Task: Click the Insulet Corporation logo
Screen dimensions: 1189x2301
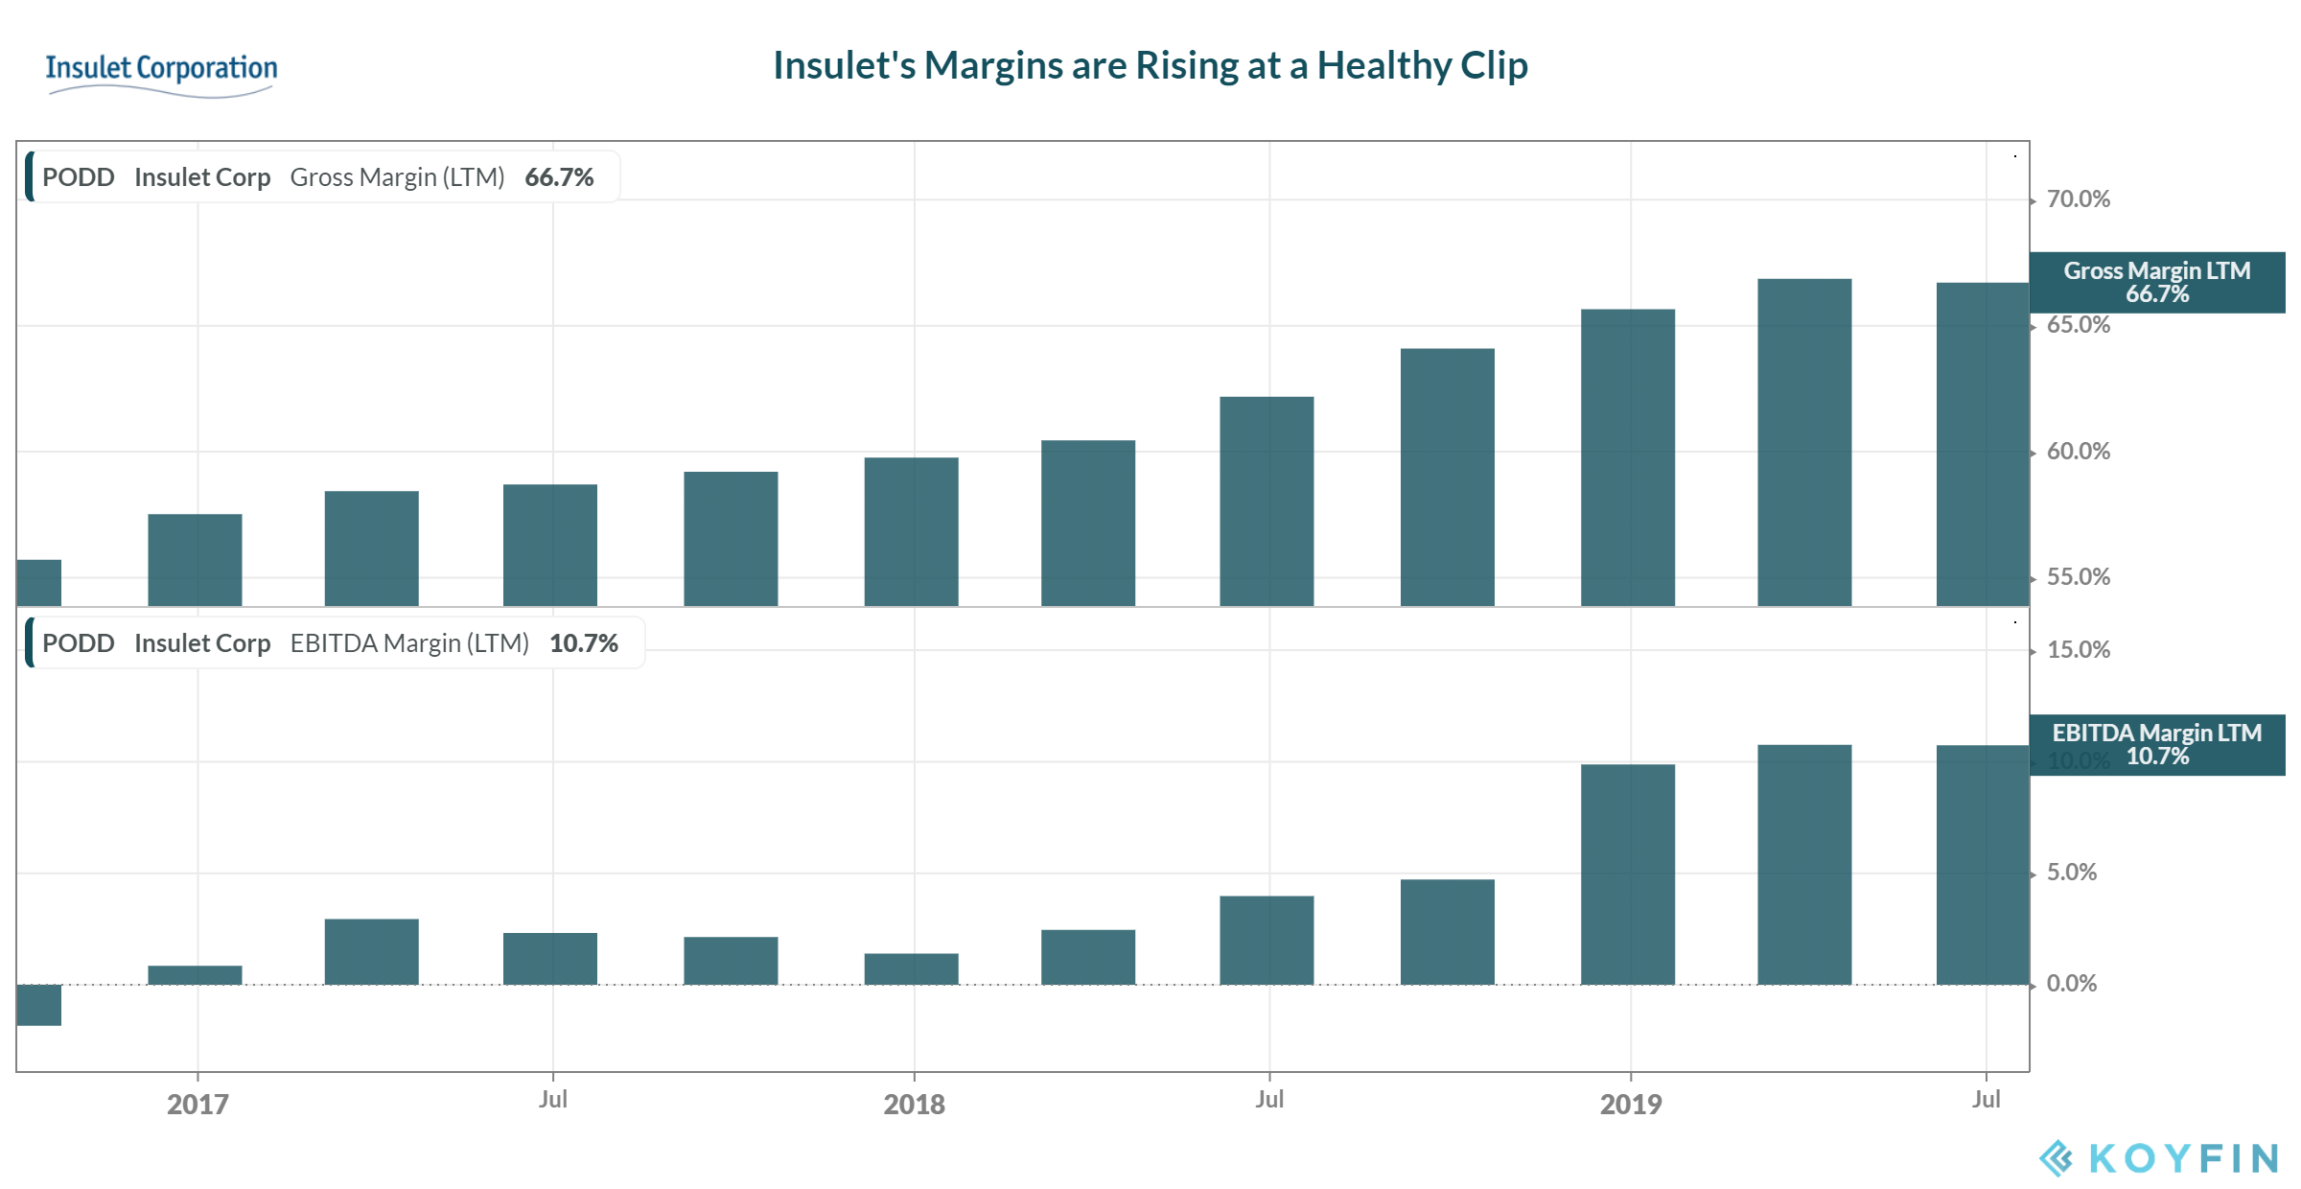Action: click(x=161, y=72)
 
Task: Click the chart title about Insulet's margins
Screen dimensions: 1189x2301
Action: click(x=1150, y=66)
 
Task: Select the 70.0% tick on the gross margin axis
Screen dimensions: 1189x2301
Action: click(x=2078, y=199)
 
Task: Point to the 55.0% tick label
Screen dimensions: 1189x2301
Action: click(x=2078, y=577)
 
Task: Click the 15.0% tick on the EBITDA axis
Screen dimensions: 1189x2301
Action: click(x=2078, y=650)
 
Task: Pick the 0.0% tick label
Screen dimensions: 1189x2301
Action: click(x=2071, y=984)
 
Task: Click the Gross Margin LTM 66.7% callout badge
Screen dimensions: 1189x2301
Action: click(x=2156, y=283)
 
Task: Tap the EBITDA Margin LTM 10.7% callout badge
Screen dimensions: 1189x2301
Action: click(x=2156, y=745)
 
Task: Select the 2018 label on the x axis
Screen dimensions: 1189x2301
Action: click(x=914, y=1105)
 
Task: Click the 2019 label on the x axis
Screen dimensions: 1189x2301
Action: click(x=1630, y=1105)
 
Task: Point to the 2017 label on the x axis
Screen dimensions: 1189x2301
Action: click(x=198, y=1105)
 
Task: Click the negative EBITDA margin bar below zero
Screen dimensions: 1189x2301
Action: click(x=38, y=1005)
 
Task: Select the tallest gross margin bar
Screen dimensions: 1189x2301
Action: click(x=1804, y=441)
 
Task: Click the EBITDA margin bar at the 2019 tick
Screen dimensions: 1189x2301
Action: click(x=1627, y=873)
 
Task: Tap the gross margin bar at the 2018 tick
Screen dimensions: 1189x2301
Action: click(x=911, y=532)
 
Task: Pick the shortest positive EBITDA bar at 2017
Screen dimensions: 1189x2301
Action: click(x=195, y=975)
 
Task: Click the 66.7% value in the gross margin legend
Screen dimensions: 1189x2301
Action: click(x=559, y=177)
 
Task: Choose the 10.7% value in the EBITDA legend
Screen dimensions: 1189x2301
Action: click(x=583, y=643)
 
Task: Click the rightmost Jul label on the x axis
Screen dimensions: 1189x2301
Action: click(x=1986, y=1100)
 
